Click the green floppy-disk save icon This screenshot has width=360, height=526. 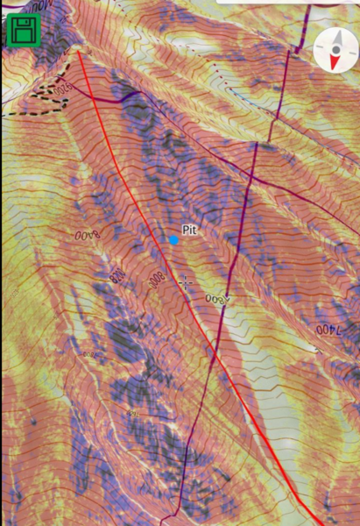(x=23, y=31)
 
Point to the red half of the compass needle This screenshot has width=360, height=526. (x=333, y=60)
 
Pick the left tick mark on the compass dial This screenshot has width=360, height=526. (x=319, y=49)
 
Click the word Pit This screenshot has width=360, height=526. (x=188, y=231)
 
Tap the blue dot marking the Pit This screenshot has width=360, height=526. (x=173, y=239)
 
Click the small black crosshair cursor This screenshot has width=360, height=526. (x=185, y=282)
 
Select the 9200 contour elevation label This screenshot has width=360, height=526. (x=61, y=88)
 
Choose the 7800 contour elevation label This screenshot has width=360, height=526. (x=215, y=301)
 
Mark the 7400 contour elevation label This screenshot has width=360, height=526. (x=326, y=331)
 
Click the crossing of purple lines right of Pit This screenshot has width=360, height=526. (x=250, y=179)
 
